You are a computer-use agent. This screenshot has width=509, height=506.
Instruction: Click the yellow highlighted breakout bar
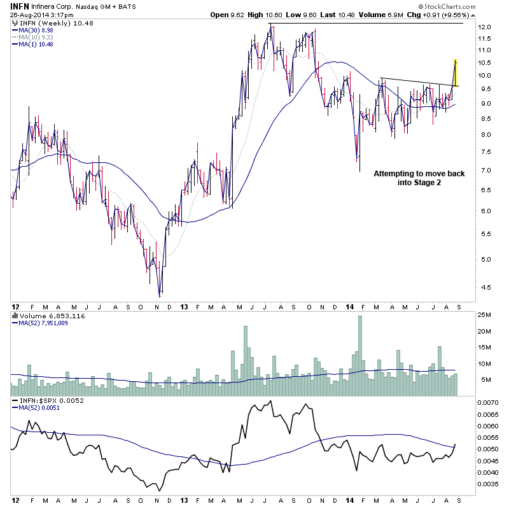(x=456, y=73)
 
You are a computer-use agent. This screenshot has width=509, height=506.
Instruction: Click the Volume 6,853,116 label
(x=50, y=316)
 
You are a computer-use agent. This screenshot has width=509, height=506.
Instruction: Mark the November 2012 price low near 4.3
(x=160, y=295)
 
